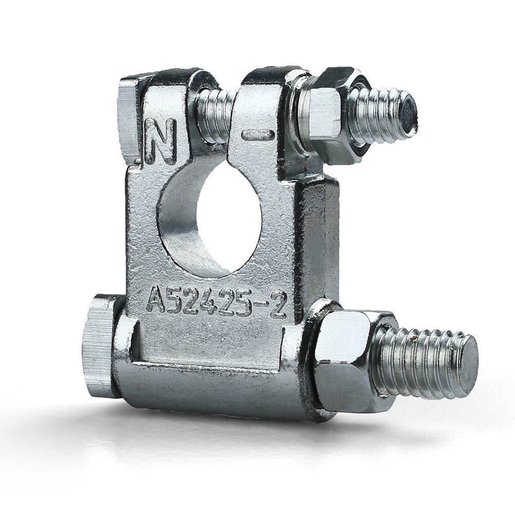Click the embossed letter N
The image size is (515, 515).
click(x=161, y=141)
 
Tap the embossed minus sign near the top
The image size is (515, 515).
click(x=258, y=134)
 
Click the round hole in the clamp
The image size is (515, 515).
click(x=210, y=217)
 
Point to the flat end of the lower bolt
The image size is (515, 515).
click(x=465, y=364)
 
